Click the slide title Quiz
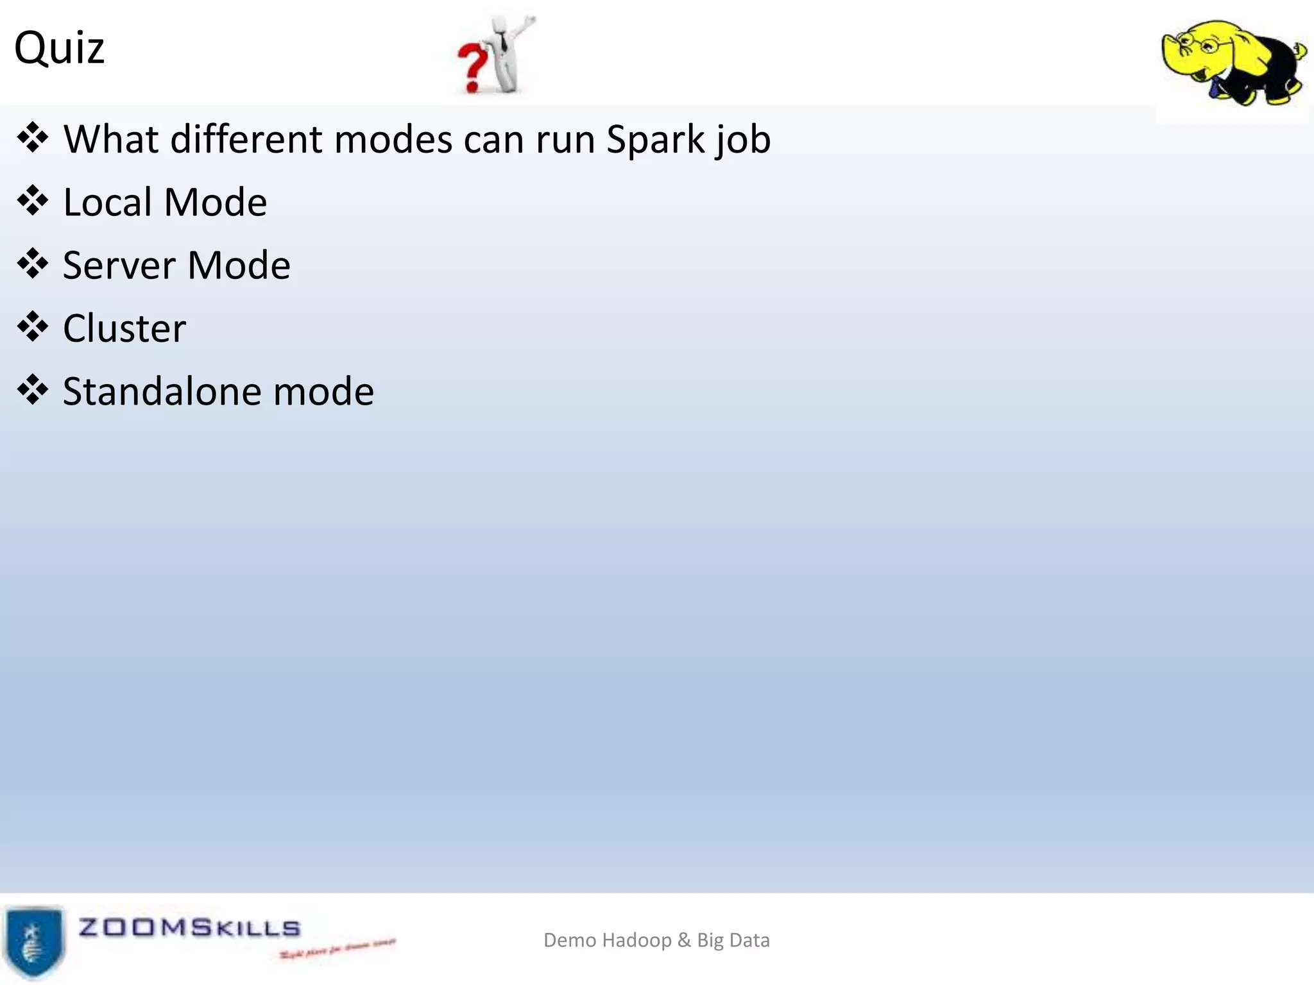point(59,49)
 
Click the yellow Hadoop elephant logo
point(1233,62)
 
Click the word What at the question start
point(111,139)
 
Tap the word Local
point(107,203)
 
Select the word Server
point(119,265)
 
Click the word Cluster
point(124,328)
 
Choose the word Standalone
point(162,391)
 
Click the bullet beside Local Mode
point(33,201)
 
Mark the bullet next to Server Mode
point(33,264)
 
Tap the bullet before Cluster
point(33,327)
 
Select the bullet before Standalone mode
point(33,390)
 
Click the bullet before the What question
point(33,138)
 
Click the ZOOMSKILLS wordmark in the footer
point(189,928)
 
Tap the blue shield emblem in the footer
point(33,941)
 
